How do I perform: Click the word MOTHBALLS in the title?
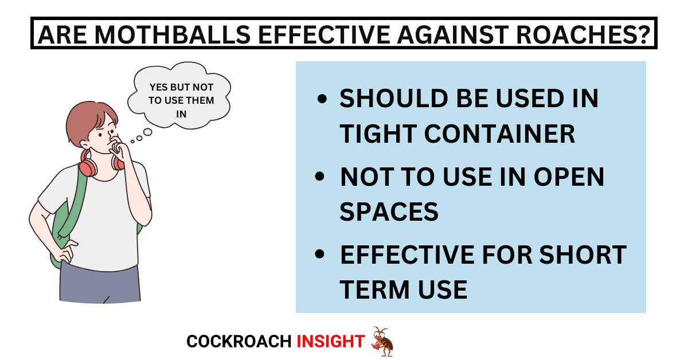(x=173, y=35)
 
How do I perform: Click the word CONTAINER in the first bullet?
(x=499, y=134)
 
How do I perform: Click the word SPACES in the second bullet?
(x=389, y=212)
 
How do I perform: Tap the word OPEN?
(x=569, y=177)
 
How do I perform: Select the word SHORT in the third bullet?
(x=583, y=255)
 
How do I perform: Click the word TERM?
(x=374, y=289)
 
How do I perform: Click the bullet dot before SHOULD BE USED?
(x=322, y=99)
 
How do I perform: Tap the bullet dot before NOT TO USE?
(x=320, y=177)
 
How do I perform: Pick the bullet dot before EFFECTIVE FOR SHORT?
(x=320, y=254)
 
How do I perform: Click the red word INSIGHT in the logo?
(x=330, y=342)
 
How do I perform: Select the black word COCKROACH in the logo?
(x=239, y=342)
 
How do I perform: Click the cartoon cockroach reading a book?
(x=382, y=342)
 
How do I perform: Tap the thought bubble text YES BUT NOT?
(x=181, y=87)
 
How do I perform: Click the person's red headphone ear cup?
(x=88, y=168)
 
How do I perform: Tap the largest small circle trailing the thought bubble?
(x=148, y=132)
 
